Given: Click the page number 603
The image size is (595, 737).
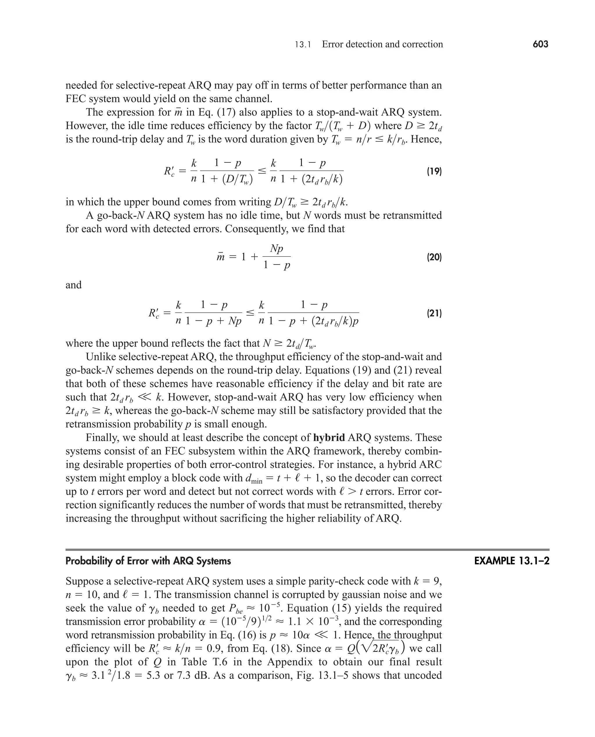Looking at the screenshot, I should pyautogui.click(x=540, y=44).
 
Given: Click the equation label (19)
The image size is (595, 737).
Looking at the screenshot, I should pyautogui.click(x=434, y=171).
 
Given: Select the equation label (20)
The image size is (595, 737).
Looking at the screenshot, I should pyautogui.click(x=434, y=257).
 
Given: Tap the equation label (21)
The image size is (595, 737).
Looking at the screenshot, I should pyautogui.click(x=434, y=313).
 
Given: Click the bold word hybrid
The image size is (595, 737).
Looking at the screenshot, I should pyautogui.click(x=329, y=438).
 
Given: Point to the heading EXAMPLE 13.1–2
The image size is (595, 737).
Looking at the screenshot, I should pyautogui.click(x=512, y=561).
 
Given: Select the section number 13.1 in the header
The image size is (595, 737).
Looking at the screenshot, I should pyautogui.click(x=303, y=44).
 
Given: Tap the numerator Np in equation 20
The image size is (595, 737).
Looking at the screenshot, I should pyautogui.click(x=277, y=249).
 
